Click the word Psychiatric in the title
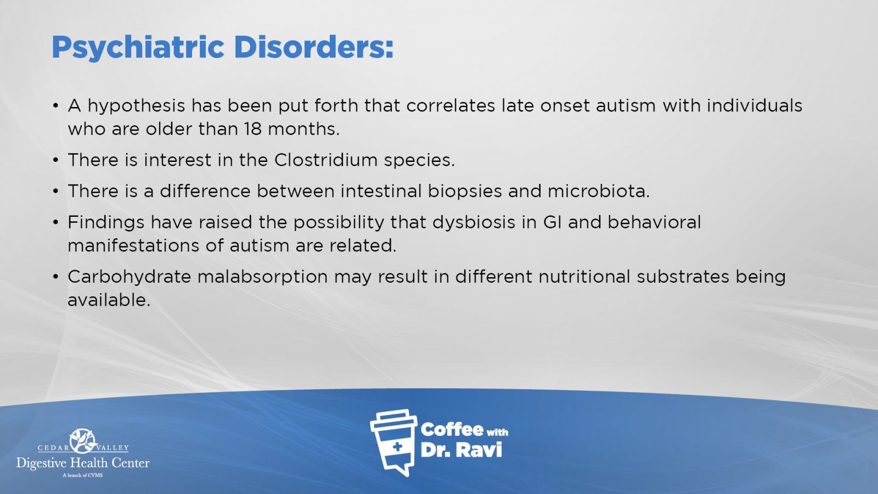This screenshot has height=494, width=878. point(138,48)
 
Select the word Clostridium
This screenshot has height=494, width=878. point(325,160)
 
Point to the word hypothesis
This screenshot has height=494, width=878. point(136,106)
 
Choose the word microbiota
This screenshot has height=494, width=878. point(599,191)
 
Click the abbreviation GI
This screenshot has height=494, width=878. point(553,222)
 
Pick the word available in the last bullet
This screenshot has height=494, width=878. point(109,300)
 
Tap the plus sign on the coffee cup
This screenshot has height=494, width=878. point(397,447)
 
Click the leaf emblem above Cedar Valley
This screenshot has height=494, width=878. point(83,441)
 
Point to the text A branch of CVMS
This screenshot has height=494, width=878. point(83,475)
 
